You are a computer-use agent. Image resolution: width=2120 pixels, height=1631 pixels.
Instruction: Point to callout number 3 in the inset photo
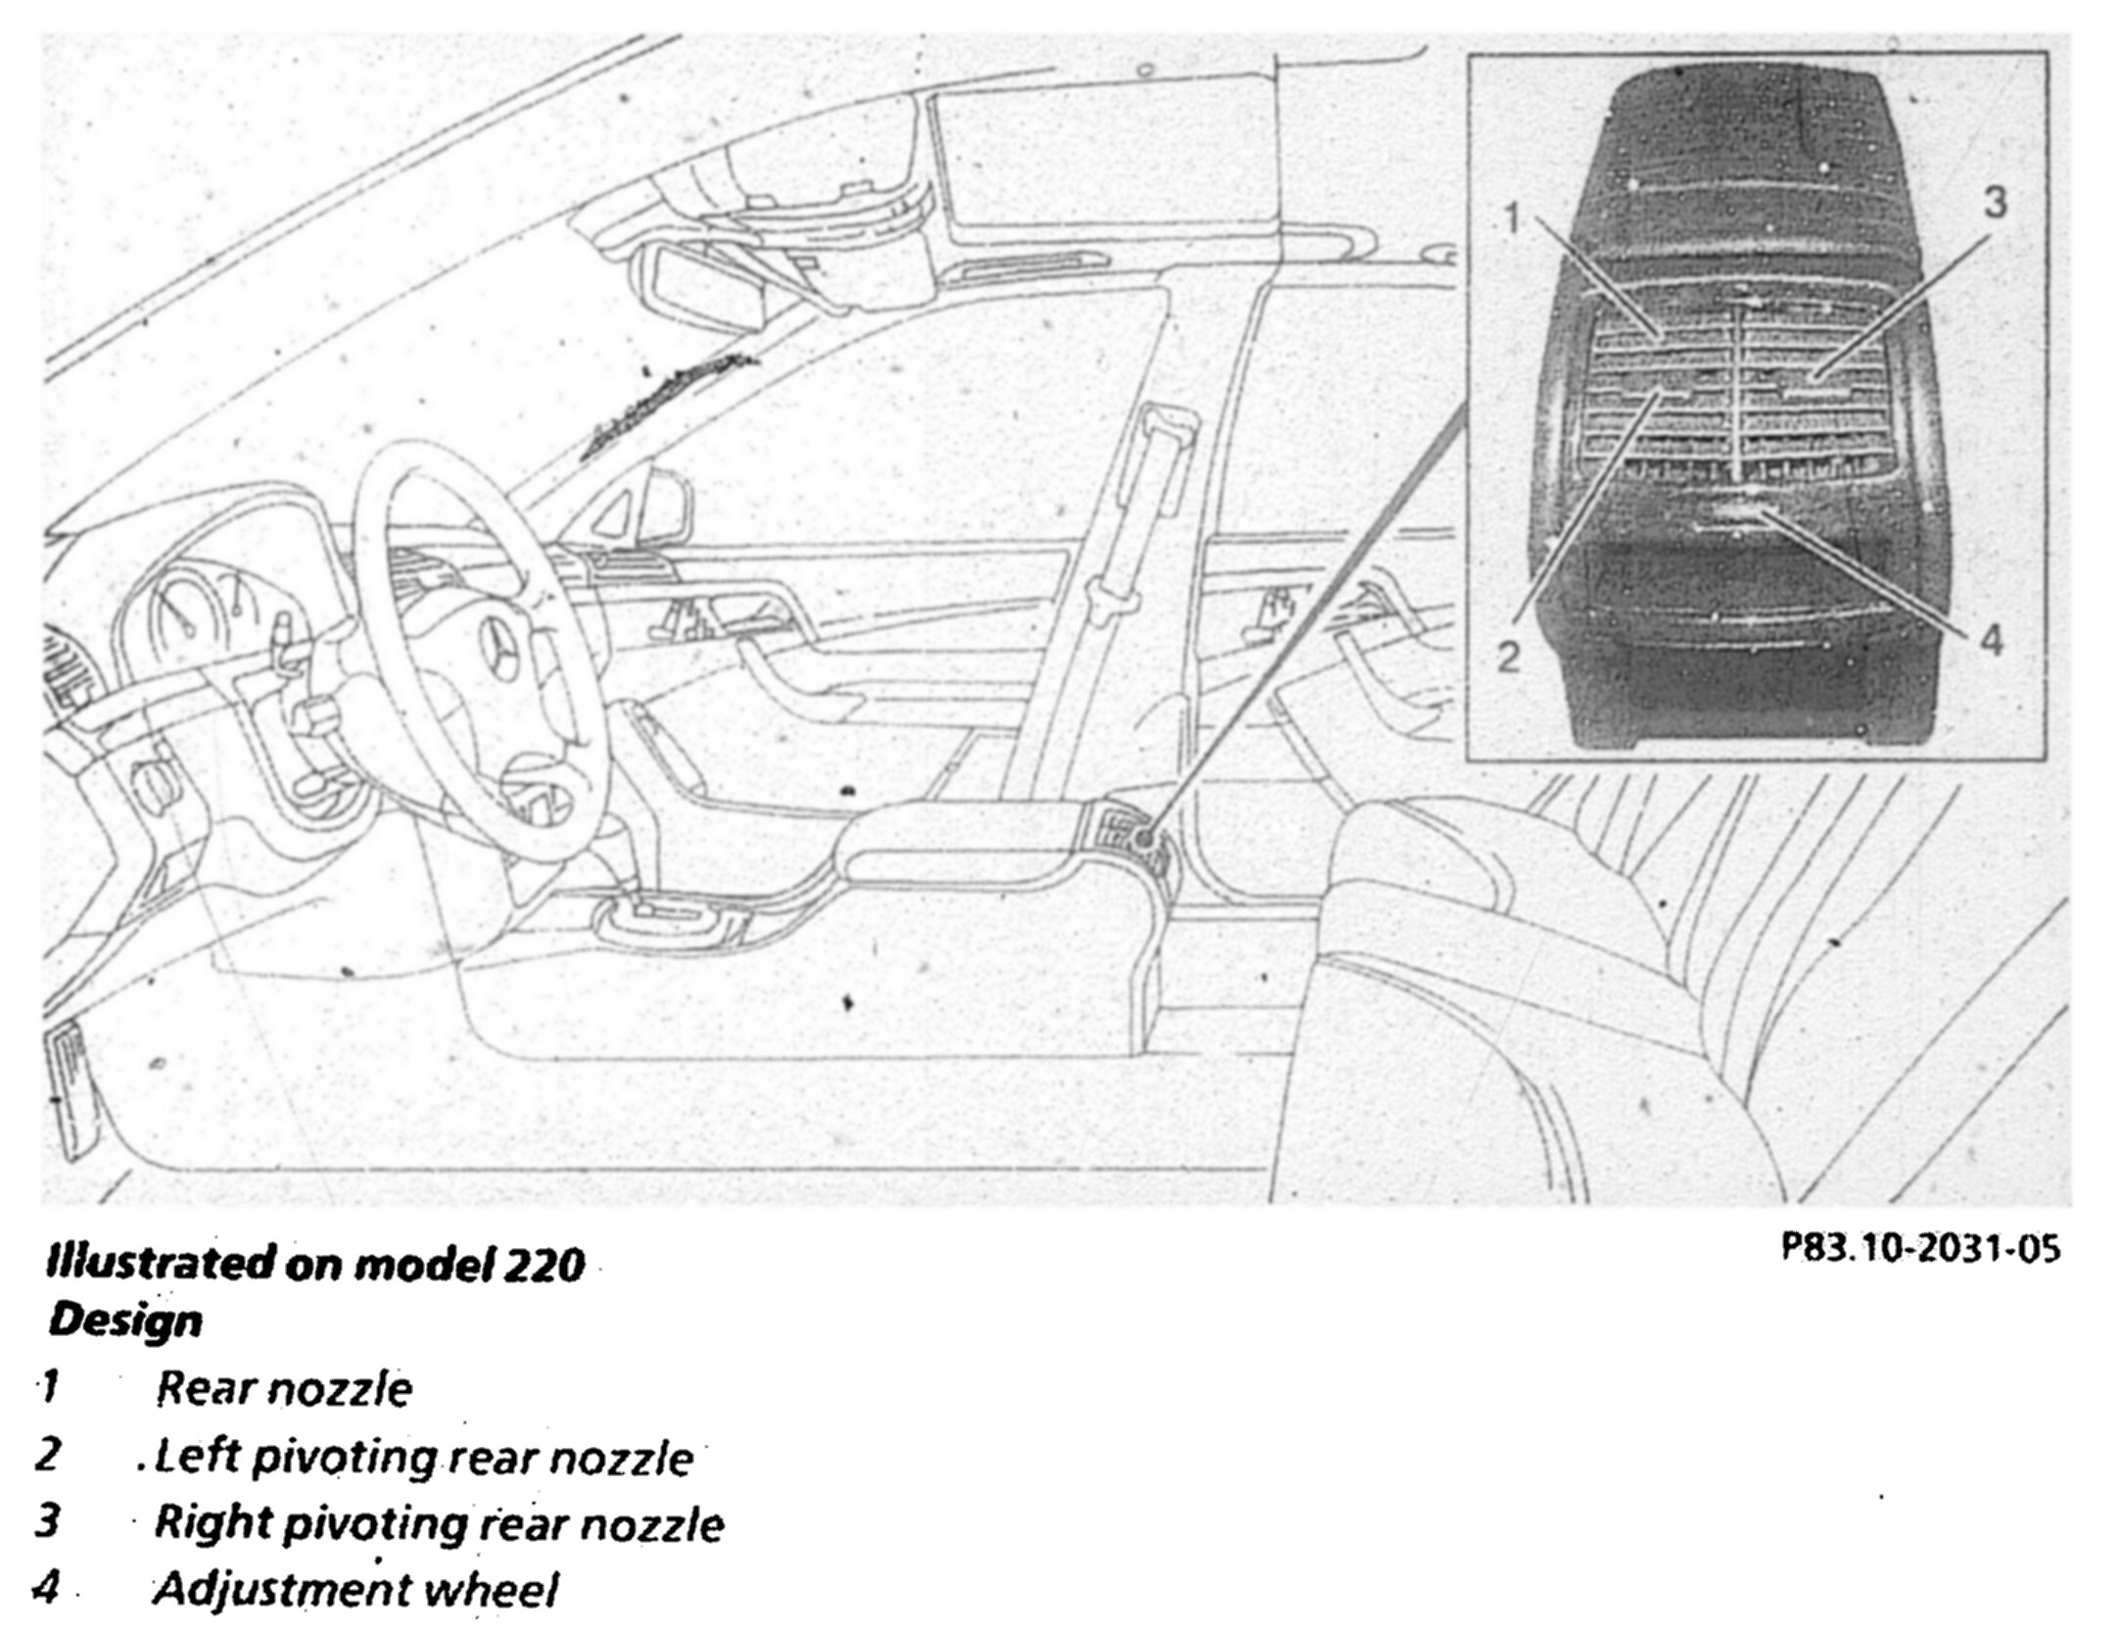(x=1995, y=203)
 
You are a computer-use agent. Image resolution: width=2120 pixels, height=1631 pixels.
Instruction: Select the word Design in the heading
(x=125, y=1320)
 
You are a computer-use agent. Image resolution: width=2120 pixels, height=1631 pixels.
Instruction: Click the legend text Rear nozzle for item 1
(x=284, y=1388)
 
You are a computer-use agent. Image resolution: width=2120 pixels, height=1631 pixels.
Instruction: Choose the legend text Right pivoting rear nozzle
(x=439, y=1523)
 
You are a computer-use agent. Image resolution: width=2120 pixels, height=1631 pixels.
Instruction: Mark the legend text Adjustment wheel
(x=354, y=1589)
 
